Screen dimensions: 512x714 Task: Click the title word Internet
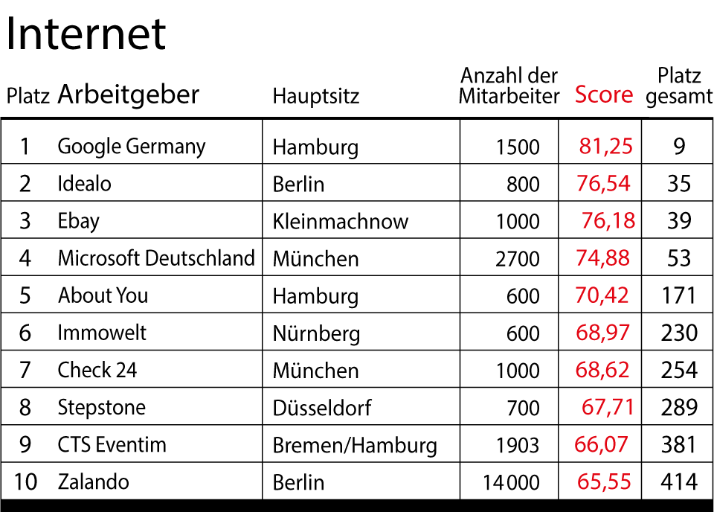click(x=86, y=33)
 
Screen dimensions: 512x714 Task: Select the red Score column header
click(x=604, y=95)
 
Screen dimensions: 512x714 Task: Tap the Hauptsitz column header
click(x=315, y=96)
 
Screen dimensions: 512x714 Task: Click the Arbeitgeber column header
click(x=129, y=95)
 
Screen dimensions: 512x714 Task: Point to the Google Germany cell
click(x=131, y=146)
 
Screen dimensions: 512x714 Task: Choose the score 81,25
click(x=605, y=146)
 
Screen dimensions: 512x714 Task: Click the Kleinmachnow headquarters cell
click(x=340, y=221)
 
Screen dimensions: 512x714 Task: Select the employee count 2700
click(x=518, y=258)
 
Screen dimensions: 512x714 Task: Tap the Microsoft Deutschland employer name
click(x=156, y=258)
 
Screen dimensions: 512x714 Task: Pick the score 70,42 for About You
click(x=602, y=295)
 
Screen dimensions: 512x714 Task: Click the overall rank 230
click(x=679, y=333)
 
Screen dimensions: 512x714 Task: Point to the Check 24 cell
click(x=97, y=370)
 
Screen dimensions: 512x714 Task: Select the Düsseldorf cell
click(x=321, y=408)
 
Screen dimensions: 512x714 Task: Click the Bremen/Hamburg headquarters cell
click(x=355, y=445)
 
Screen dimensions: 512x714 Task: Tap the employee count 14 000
click(x=511, y=482)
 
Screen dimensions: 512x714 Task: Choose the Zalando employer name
click(x=93, y=481)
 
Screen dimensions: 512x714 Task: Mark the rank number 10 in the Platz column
click(x=25, y=481)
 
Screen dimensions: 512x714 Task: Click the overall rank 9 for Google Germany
click(x=679, y=146)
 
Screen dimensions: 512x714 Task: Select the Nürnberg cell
click(x=316, y=333)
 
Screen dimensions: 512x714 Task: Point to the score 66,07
click(x=602, y=444)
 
